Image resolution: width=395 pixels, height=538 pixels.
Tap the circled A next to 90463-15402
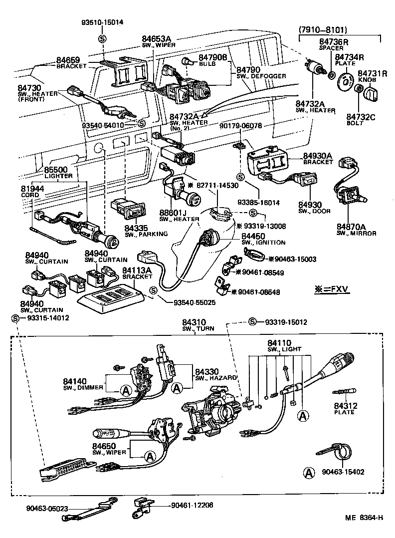(309, 472)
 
